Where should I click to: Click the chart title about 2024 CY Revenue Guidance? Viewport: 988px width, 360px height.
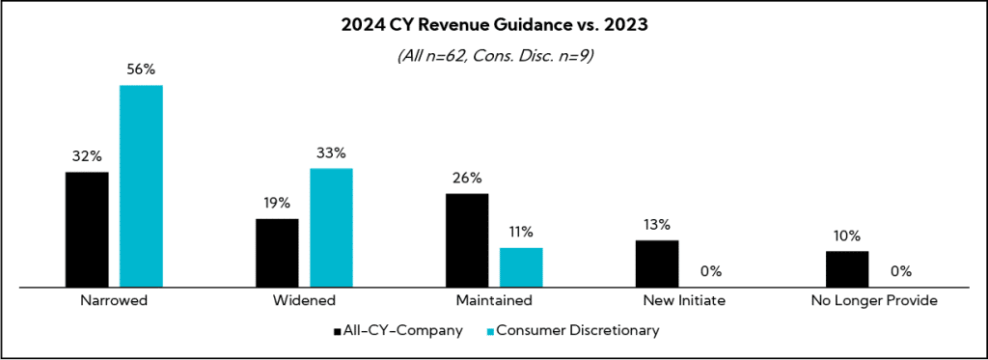pyautogui.click(x=494, y=26)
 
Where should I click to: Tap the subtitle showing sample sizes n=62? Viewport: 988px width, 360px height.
pyautogui.click(x=494, y=56)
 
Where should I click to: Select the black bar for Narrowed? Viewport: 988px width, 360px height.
pyautogui.click(x=87, y=229)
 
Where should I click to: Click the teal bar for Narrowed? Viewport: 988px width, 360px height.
pyautogui.click(x=141, y=185)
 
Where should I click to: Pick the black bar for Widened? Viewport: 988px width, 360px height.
pyautogui.click(x=277, y=252)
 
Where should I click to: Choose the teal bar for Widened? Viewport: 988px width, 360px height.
pyautogui.click(x=331, y=227)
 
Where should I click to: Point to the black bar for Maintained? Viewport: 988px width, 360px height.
pyautogui.click(x=467, y=239)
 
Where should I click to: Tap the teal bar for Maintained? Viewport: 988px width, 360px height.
pyautogui.click(x=521, y=266)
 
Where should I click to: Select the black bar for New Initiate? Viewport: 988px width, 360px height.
pyautogui.click(x=657, y=263)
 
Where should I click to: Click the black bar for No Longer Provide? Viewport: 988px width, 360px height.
pyautogui.click(x=847, y=268)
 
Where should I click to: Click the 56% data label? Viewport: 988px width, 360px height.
pyautogui.click(x=141, y=69)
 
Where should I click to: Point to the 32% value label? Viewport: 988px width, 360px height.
pyautogui.click(x=87, y=156)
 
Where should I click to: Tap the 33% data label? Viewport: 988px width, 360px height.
pyautogui.click(x=331, y=152)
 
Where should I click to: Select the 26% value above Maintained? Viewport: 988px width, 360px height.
pyautogui.click(x=467, y=178)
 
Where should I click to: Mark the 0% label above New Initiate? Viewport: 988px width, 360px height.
pyautogui.click(x=711, y=271)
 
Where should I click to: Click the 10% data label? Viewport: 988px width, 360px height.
pyautogui.click(x=847, y=235)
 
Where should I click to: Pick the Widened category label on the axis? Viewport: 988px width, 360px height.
pyautogui.click(x=304, y=301)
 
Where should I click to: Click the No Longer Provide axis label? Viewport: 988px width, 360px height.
pyautogui.click(x=874, y=301)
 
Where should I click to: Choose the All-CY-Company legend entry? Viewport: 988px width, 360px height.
pyautogui.click(x=398, y=330)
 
